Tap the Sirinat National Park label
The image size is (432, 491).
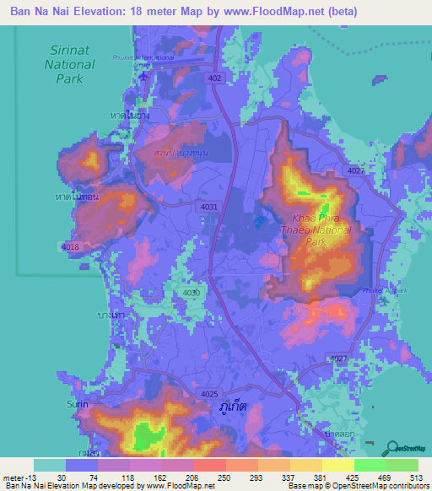tap(70, 63)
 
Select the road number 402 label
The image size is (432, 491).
tap(217, 78)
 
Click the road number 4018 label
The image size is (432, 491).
tap(70, 245)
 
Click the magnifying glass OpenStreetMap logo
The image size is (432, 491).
tap(393, 447)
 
